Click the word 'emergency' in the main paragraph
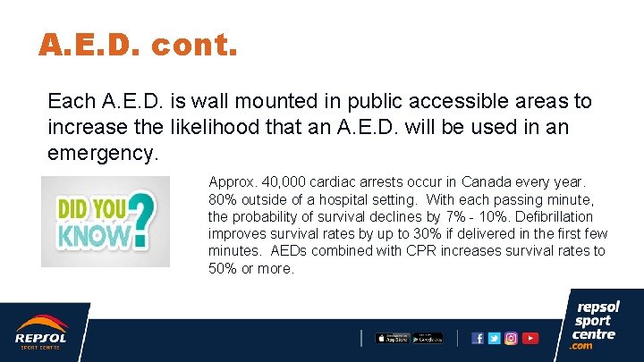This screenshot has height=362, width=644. click(101, 153)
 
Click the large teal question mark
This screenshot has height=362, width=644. click(144, 220)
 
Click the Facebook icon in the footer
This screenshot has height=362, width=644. click(478, 338)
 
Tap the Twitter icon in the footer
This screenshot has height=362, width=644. click(494, 338)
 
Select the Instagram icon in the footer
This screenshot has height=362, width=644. click(511, 338)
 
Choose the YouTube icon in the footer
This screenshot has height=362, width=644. click(530, 338)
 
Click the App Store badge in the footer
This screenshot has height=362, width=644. click(392, 338)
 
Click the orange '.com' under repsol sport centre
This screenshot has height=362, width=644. click(583, 346)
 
